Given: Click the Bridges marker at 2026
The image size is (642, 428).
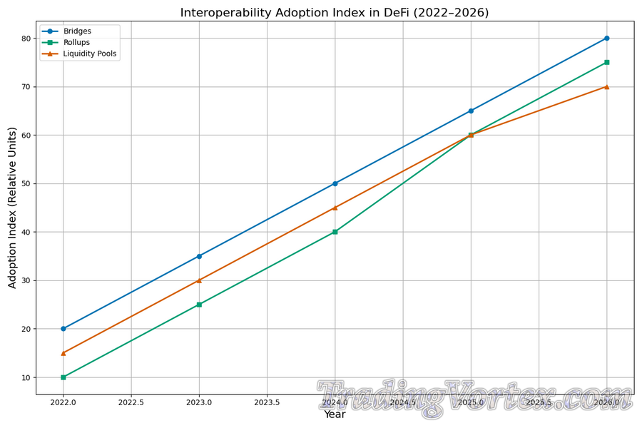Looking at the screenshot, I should click(x=606, y=38).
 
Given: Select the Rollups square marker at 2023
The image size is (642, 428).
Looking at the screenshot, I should click(x=199, y=305).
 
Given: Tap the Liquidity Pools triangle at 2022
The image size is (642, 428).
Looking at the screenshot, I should click(x=63, y=353).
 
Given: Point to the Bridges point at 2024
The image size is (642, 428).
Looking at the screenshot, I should click(x=335, y=183).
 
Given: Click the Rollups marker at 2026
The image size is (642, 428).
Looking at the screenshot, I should click(x=606, y=62).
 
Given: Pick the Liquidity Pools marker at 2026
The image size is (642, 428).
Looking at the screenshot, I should click(x=606, y=86).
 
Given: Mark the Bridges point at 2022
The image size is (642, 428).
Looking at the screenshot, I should click(x=63, y=329).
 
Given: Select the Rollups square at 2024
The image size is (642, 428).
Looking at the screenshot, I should click(x=335, y=232).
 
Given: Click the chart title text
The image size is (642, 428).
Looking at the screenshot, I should click(x=334, y=13).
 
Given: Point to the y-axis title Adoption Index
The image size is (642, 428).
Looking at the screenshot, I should click(x=12, y=208).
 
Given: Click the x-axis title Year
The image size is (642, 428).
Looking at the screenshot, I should click(x=335, y=414).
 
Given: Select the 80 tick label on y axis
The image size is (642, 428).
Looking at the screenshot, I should click(x=27, y=39).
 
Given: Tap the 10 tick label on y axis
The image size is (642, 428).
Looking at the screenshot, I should click(x=27, y=377).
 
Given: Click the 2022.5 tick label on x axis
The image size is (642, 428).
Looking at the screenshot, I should click(x=131, y=402).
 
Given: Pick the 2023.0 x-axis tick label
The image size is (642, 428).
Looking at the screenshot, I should click(x=199, y=402).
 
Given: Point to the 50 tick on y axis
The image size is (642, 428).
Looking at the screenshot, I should click(x=27, y=183).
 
